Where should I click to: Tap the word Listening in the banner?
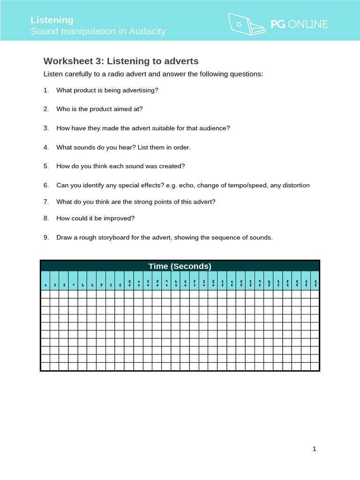[x=52, y=20]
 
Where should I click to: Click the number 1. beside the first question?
[x=46, y=90]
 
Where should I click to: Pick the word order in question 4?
[x=181, y=147]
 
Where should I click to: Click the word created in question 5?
[x=173, y=166]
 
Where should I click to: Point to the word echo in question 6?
[x=185, y=185]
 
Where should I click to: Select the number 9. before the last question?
[x=46, y=238]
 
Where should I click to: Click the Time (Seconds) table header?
[x=180, y=266]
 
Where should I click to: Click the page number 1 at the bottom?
[x=315, y=449]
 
